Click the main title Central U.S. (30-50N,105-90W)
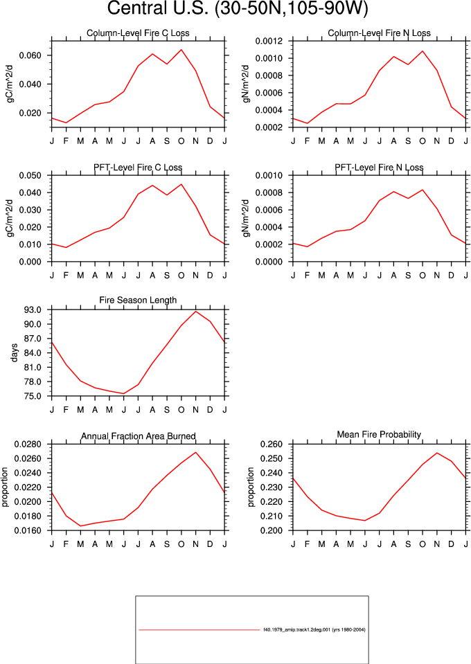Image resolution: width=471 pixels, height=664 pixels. (x=237, y=8)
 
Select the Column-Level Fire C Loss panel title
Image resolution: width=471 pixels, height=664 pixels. (x=138, y=33)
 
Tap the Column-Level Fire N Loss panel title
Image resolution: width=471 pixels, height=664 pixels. (x=379, y=33)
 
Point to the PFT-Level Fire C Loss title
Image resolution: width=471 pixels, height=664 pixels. (x=138, y=168)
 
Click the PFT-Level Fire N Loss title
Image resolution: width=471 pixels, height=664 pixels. (x=379, y=168)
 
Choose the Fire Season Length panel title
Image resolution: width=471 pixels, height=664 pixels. (x=138, y=300)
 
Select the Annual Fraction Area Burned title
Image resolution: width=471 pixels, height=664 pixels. (x=138, y=436)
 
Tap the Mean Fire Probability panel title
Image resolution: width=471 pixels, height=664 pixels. (x=379, y=435)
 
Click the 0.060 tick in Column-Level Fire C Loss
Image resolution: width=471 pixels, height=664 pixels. (x=30, y=55)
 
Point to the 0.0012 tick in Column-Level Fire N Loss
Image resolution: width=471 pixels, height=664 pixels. (x=269, y=41)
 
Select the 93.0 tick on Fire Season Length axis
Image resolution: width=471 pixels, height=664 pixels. (x=33, y=310)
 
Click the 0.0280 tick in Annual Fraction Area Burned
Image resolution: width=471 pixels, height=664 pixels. (x=28, y=445)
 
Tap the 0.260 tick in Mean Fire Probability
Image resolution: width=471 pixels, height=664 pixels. (x=271, y=445)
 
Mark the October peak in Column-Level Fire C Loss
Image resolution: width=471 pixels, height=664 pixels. (x=181, y=50)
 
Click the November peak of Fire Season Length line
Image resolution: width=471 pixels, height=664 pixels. (x=196, y=312)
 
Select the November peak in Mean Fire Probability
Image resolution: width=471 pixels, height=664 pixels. (x=436, y=453)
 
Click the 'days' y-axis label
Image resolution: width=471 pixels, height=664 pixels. (x=15, y=352)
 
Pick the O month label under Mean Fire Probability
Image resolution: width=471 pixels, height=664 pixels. (x=423, y=544)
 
